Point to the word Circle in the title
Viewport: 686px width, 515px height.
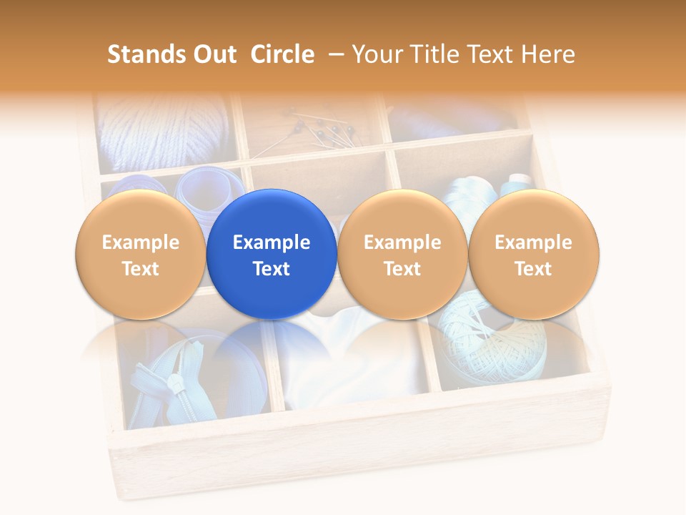pos(282,54)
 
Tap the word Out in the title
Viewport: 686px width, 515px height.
pos(213,54)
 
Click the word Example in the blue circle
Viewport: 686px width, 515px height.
pos(272,242)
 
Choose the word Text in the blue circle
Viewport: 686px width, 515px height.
pos(272,269)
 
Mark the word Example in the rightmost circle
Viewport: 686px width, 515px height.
pos(533,242)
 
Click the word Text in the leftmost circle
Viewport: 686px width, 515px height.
pos(140,269)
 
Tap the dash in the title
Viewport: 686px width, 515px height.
pos(334,54)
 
